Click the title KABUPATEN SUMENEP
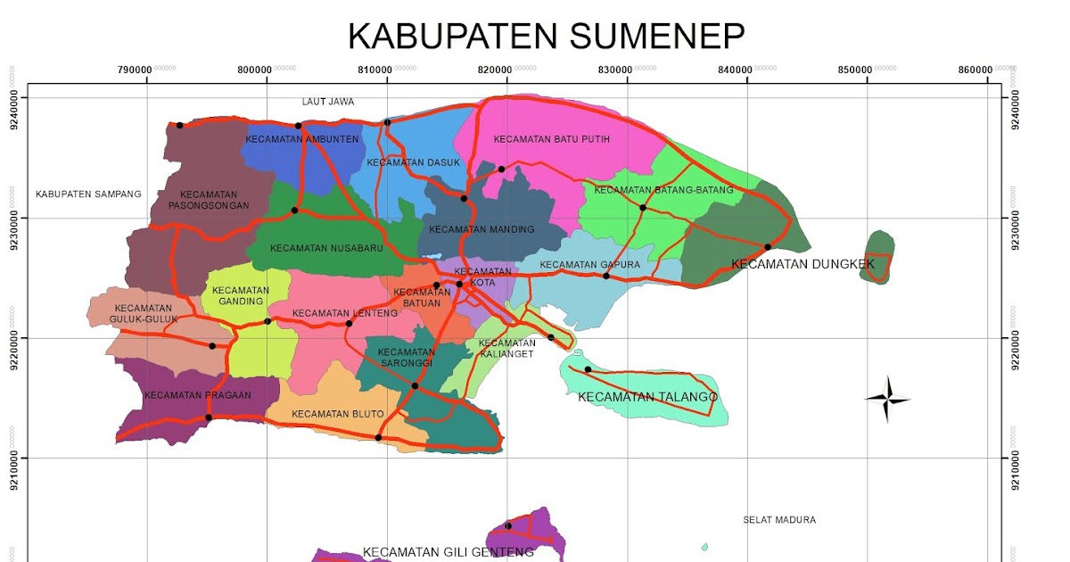pyautogui.click(x=546, y=36)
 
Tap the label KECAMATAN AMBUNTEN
pyautogui.click(x=302, y=139)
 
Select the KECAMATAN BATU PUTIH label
pyautogui.click(x=539, y=139)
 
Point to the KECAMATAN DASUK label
pyautogui.click(x=413, y=162)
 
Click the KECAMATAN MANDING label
pyautogui.click(x=481, y=229)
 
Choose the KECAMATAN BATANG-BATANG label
pyautogui.click(x=663, y=190)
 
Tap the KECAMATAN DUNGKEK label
pyautogui.click(x=802, y=264)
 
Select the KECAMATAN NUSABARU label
pyautogui.click(x=326, y=249)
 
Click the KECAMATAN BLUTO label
pyautogui.click(x=337, y=414)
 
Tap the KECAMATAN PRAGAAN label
pyautogui.click(x=185, y=395)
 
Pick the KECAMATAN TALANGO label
pyautogui.click(x=647, y=397)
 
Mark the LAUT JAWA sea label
pyautogui.click(x=327, y=102)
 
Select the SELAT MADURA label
pyautogui.click(x=779, y=520)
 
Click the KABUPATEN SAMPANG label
pyautogui.click(x=88, y=194)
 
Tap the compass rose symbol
pyautogui.click(x=887, y=399)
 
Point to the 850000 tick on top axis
pyautogui.click(x=866, y=70)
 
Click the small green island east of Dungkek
pyautogui.click(x=877, y=256)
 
